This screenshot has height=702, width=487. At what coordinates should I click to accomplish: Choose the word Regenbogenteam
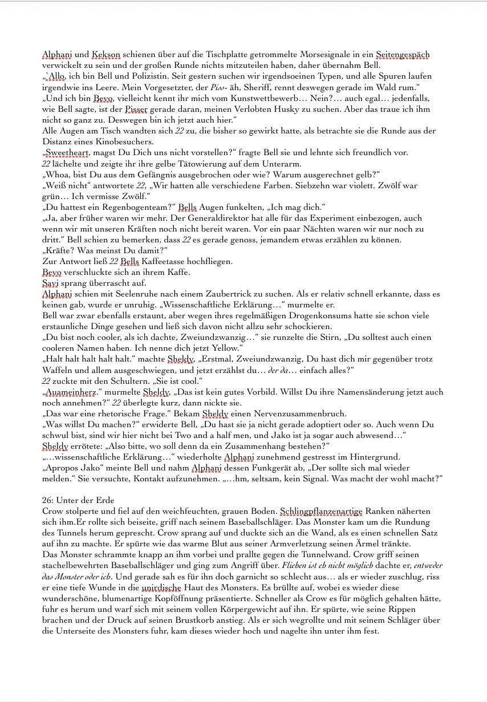coord(131,207)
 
